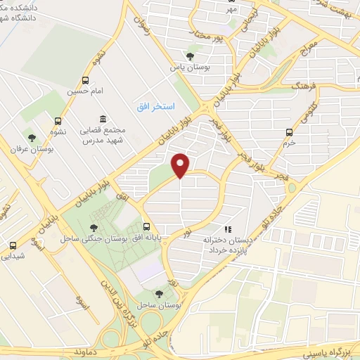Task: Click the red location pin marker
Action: pyautogui.click(x=181, y=166)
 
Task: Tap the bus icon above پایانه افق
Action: pyautogui.click(x=147, y=226)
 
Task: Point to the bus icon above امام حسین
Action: pyautogui.click(x=86, y=80)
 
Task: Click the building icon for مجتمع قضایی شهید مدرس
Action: pyautogui.click(x=103, y=117)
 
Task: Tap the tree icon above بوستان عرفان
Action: pyautogui.click(x=31, y=136)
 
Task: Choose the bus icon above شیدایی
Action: pyautogui.click(x=13, y=245)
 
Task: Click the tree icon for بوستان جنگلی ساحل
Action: pyautogui.click(x=94, y=226)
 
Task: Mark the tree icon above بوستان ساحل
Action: pyautogui.click(x=158, y=294)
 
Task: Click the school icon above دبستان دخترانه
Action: pyautogui.click(x=227, y=229)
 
